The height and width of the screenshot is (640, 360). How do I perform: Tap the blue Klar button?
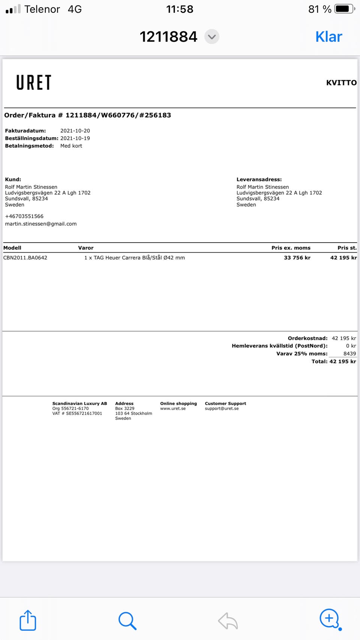[328, 37]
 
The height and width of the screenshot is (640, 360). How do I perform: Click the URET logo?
[34, 82]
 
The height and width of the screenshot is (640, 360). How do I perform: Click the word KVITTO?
[341, 83]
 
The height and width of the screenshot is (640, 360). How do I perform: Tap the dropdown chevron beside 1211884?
[212, 37]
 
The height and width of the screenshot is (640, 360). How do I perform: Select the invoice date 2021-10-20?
[75, 131]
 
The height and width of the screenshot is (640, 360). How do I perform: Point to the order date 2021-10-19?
[75, 138]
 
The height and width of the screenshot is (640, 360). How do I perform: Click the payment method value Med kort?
[71, 146]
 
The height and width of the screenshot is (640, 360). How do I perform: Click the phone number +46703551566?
[24, 216]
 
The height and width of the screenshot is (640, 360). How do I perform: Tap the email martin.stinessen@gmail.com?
[41, 224]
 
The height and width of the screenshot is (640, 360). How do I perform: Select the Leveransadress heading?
[259, 180]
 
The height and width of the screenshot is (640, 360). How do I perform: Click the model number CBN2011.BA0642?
[25, 258]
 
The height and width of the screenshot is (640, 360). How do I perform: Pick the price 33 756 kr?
[297, 258]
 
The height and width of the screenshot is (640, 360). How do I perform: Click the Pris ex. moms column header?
[291, 248]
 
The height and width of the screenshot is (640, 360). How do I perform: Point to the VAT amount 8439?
[349, 354]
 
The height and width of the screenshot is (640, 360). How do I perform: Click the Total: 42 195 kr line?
[334, 361]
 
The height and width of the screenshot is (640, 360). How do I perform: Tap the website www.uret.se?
[173, 409]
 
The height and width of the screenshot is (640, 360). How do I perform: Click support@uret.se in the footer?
[222, 409]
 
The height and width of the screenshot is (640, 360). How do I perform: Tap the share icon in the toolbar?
[28, 621]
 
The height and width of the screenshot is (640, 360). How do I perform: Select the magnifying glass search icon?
[127, 621]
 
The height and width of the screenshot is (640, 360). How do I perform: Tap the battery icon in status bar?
[344, 9]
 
